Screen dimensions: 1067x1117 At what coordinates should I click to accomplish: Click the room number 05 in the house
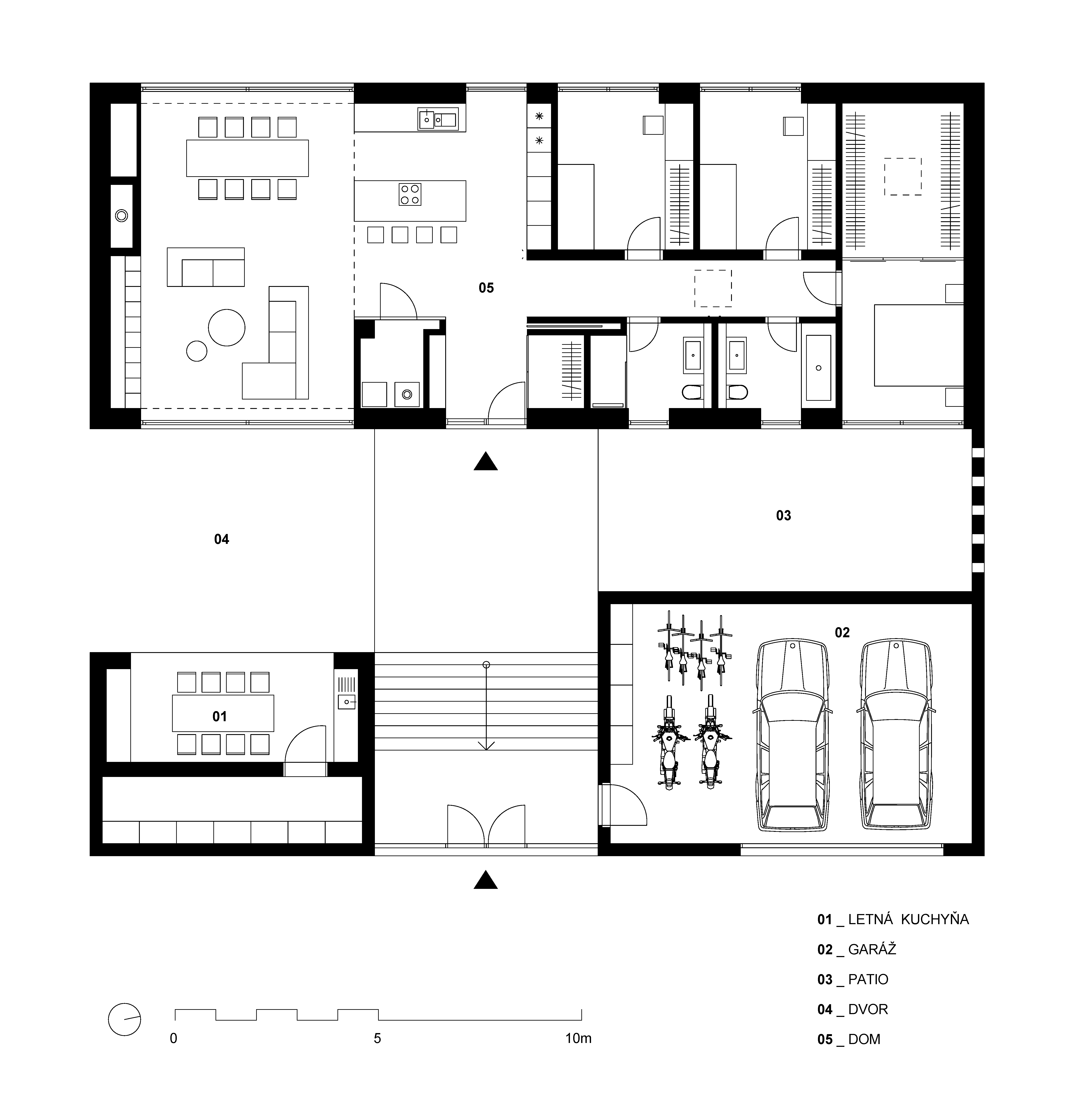pos(486,288)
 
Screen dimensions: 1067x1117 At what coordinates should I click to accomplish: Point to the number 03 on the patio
pos(784,515)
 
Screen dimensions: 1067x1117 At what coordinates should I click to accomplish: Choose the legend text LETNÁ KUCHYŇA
pos(908,919)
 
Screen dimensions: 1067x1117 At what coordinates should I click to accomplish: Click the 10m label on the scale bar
pos(578,1038)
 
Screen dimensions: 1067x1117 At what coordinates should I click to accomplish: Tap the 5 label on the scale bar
pos(377,1038)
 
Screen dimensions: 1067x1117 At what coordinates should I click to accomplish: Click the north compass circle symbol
pos(125,1019)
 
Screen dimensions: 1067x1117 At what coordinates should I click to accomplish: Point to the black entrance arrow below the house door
pos(486,461)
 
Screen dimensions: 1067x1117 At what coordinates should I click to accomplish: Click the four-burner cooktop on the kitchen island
pos(410,194)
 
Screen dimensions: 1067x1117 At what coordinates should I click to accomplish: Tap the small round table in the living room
pos(197,351)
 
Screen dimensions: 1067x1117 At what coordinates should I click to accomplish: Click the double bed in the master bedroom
pos(919,345)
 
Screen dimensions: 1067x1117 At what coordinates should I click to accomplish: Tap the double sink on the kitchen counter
pos(438,119)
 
